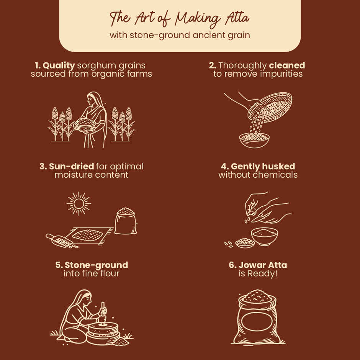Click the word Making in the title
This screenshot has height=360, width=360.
pyautogui.click(x=196, y=19)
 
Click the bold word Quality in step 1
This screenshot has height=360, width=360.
pyautogui.click(x=59, y=65)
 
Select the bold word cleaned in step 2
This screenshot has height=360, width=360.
pyautogui.click(x=287, y=65)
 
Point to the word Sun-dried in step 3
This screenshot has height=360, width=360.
pyautogui.click(x=71, y=166)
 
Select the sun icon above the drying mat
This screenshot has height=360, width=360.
pyautogui.click(x=79, y=204)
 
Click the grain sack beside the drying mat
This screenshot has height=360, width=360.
pyautogui.click(x=126, y=221)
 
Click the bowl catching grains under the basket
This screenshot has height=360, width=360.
pyautogui.click(x=254, y=140)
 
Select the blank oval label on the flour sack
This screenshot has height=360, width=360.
pyautogui.click(x=257, y=322)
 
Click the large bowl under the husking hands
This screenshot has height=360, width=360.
pyautogui.click(x=265, y=237)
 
